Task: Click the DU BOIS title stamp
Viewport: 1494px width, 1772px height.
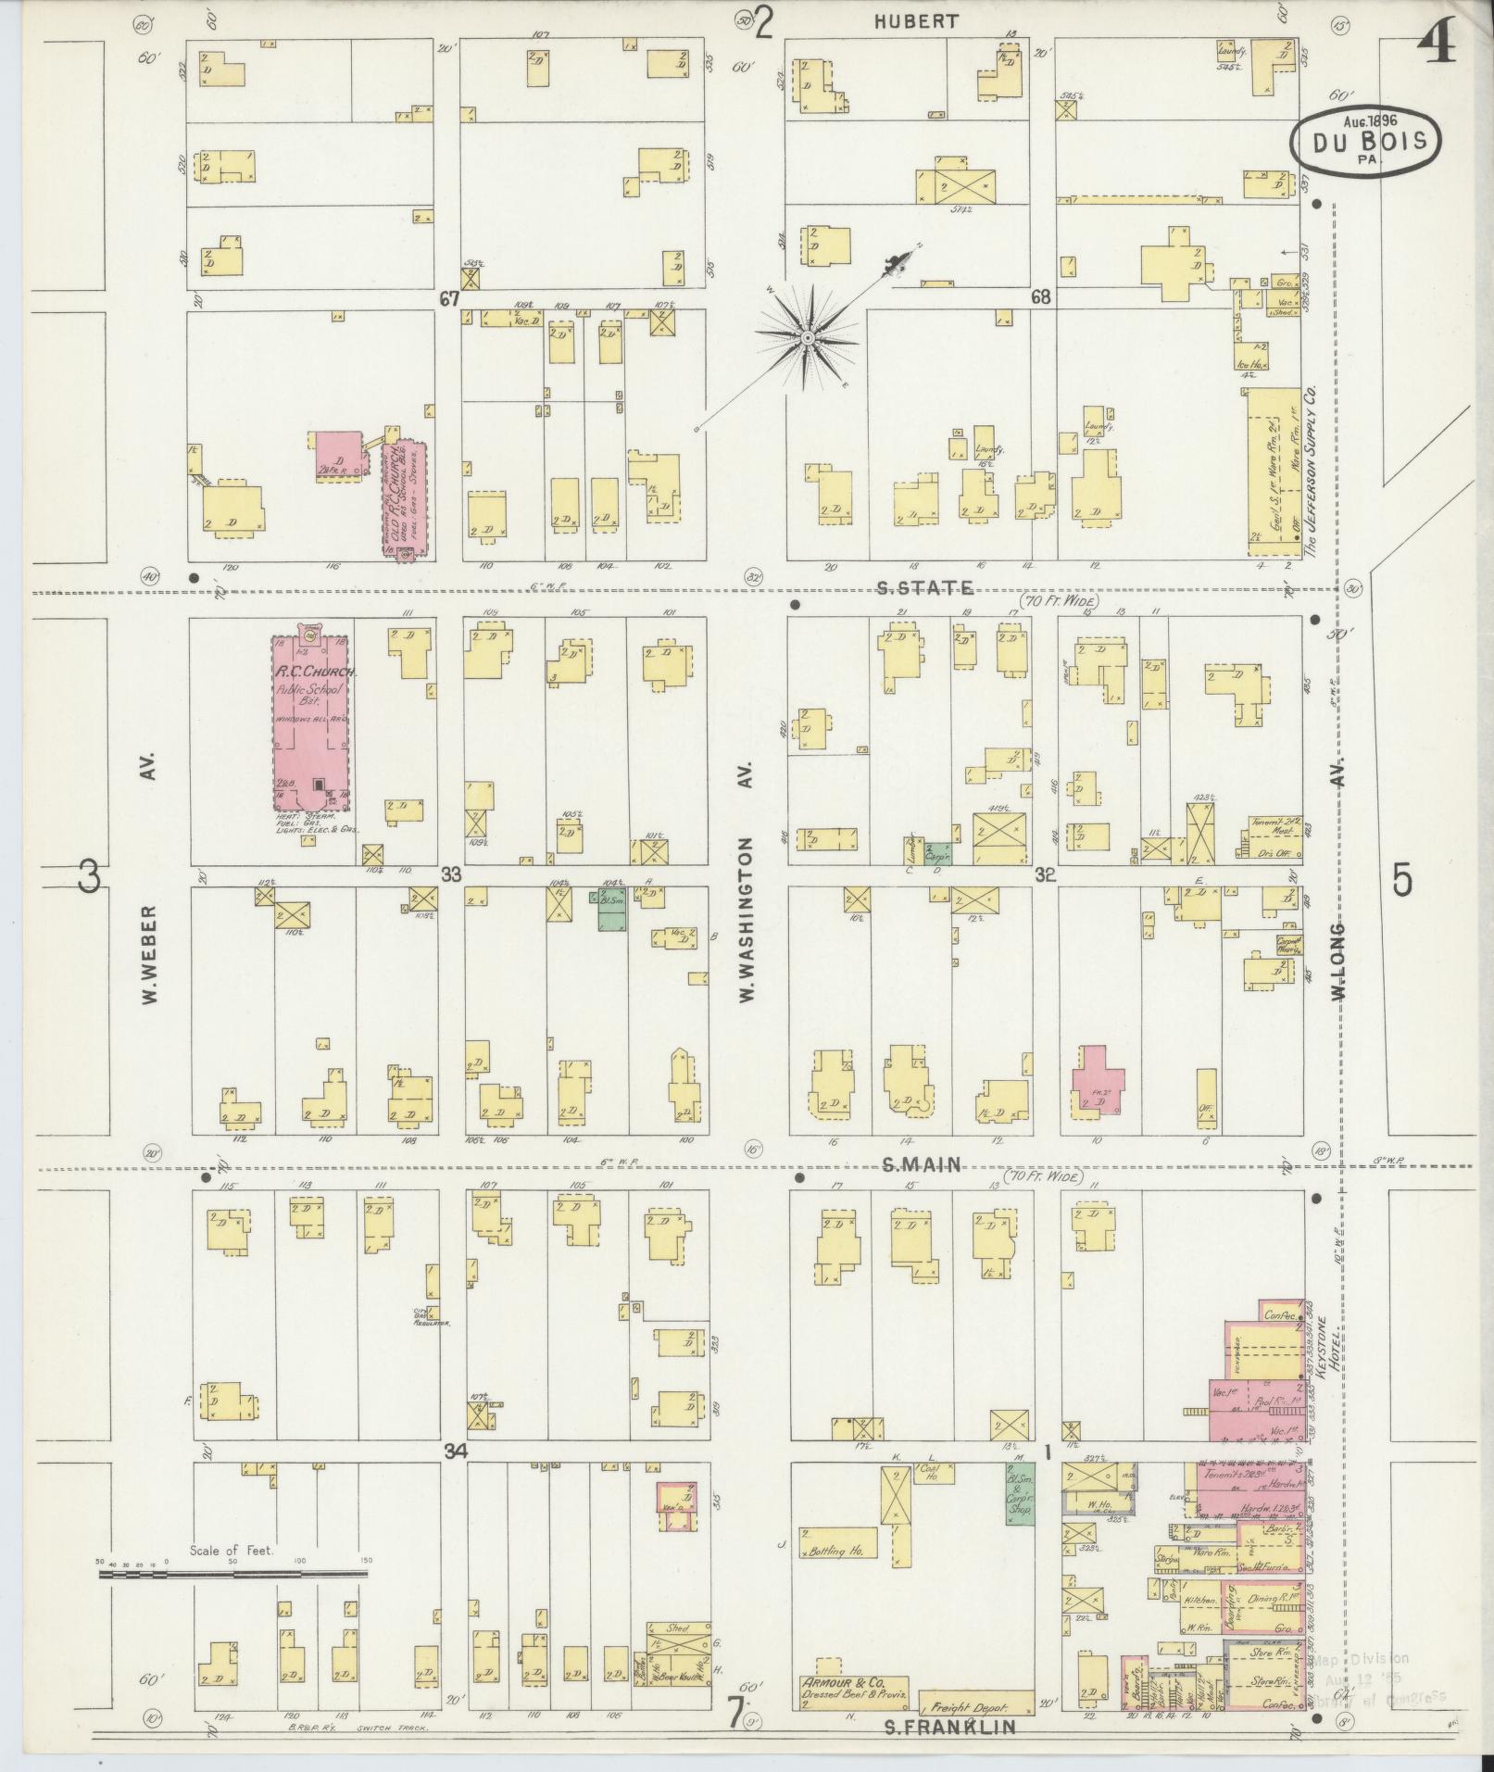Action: [1366, 142]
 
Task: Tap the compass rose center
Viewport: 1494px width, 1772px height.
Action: [808, 338]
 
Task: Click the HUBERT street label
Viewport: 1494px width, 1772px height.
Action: [917, 21]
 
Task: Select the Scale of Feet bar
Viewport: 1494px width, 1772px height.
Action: [232, 1573]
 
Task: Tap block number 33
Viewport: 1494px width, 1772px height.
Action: [451, 873]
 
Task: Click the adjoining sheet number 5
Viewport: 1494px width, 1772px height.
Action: [1402, 881]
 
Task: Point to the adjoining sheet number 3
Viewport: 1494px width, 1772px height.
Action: [88, 876]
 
